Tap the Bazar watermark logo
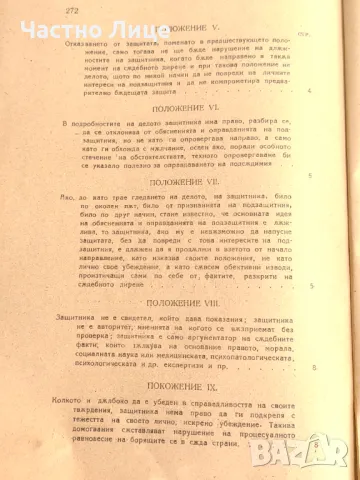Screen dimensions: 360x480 (x=318, y=453)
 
